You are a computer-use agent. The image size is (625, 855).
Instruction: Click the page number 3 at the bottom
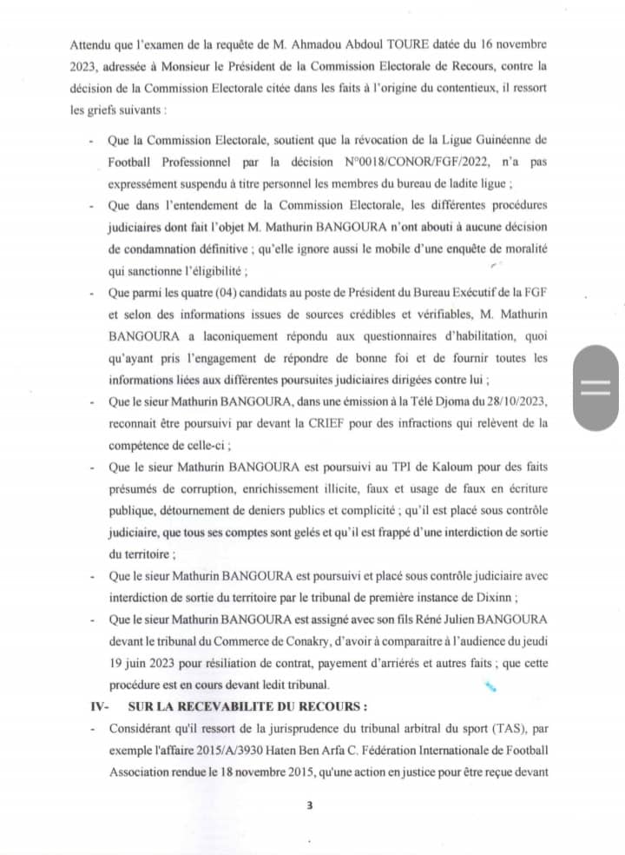(309, 805)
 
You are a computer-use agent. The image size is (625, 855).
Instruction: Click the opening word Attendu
(92, 43)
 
